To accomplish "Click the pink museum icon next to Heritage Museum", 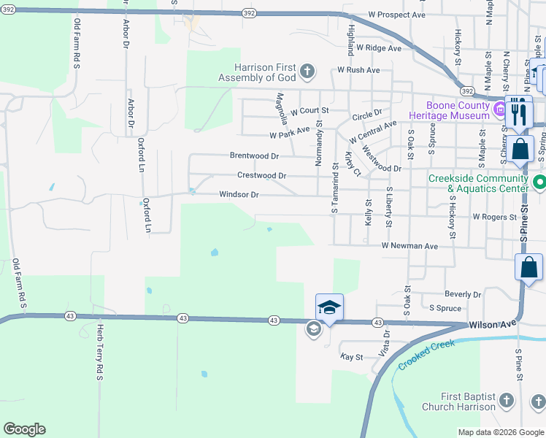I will click(500, 111).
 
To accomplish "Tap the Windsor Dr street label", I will click(239, 195).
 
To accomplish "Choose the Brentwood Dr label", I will click(254, 155).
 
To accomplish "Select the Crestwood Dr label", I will click(261, 175).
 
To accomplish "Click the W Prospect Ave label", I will click(397, 15).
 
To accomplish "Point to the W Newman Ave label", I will click(409, 247).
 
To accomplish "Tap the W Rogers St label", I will click(495, 217).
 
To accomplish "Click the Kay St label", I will click(352, 357).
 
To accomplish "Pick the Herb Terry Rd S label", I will click(100, 352).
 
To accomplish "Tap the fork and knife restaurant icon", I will click(519, 112).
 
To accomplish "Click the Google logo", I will click(24, 429).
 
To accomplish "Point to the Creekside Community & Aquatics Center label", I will click(477, 183).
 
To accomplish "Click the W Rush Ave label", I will click(358, 70).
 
